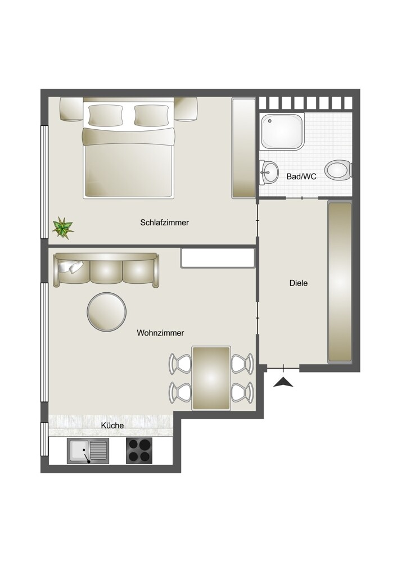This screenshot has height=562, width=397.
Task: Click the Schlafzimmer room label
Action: tap(164, 223)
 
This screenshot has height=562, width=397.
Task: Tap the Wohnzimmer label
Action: tap(160, 333)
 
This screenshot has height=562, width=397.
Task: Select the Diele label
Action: tap(299, 283)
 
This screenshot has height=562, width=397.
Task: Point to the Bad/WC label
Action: tap(301, 176)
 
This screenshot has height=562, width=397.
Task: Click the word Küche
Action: tap(112, 425)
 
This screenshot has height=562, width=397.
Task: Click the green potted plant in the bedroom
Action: tap(62, 228)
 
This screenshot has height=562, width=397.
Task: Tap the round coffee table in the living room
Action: tap(107, 311)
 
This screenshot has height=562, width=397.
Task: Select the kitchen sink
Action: tap(88, 451)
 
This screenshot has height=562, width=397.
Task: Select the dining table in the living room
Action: tap(211, 378)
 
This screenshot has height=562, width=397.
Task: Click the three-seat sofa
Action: tap(107, 270)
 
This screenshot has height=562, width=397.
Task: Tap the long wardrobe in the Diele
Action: tap(339, 283)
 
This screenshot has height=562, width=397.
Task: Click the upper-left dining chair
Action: tap(180, 363)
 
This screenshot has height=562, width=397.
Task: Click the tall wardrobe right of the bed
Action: tap(244, 148)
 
